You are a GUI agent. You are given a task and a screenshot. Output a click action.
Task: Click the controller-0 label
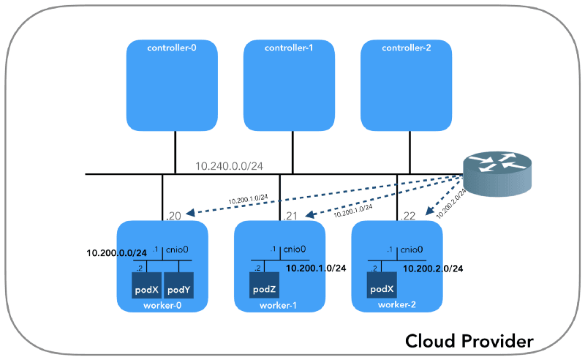coord(173,48)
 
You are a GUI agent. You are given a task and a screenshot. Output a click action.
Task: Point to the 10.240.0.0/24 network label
coord(229,166)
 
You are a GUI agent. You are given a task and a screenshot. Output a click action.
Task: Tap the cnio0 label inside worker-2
coord(411,250)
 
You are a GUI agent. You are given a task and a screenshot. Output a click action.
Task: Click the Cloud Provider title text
coord(469,341)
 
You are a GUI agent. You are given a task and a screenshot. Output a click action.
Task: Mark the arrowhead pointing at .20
coord(190,214)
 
